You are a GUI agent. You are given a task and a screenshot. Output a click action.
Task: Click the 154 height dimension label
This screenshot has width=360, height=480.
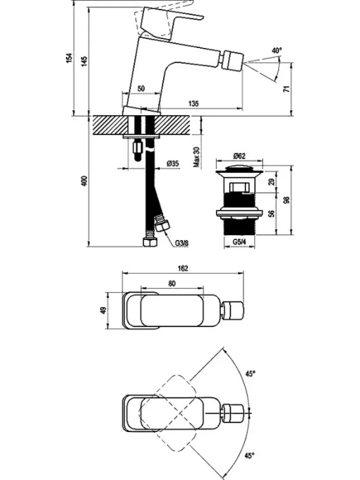pyautogui.click(x=70, y=58)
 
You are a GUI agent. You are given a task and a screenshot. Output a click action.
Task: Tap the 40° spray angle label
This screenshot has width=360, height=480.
pyautogui.click(x=277, y=51)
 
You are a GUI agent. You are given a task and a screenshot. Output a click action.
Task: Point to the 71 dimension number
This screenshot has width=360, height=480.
pyautogui.click(x=287, y=90)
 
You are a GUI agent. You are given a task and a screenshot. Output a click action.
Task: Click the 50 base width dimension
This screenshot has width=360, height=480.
pyautogui.click(x=141, y=89)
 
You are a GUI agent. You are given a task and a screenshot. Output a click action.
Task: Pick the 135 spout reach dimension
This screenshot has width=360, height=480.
pyautogui.click(x=193, y=103)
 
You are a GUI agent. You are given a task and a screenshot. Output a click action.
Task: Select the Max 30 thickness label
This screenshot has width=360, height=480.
pyautogui.click(x=197, y=157)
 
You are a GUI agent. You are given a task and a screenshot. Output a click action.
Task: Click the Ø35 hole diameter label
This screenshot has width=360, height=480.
pyautogui.click(x=173, y=164)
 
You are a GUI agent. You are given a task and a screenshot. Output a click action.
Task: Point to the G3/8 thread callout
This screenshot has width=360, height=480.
pyautogui.click(x=181, y=243)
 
